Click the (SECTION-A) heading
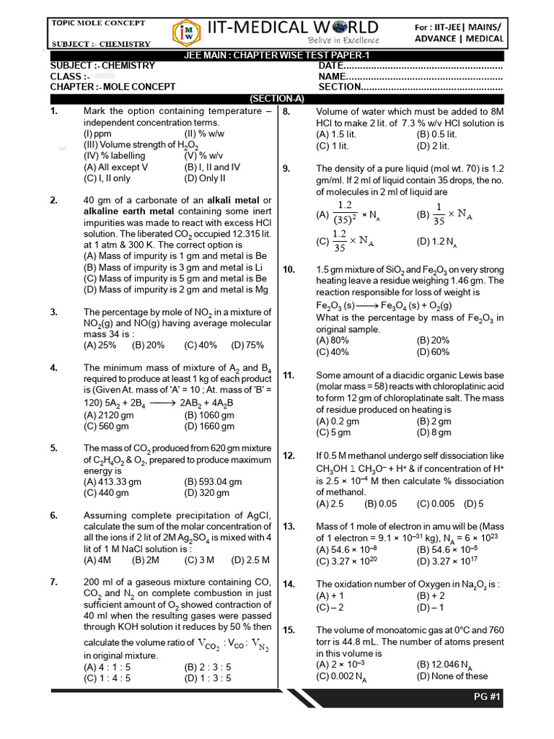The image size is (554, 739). click(x=277, y=98)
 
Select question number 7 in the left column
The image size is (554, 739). click(x=53, y=582)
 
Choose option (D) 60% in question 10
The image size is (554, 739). click(x=433, y=352)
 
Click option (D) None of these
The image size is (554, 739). click(x=452, y=676)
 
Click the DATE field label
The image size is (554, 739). click(x=330, y=66)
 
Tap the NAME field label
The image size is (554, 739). click(x=332, y=76)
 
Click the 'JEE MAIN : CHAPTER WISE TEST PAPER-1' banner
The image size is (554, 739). click(x=277, y=56)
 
